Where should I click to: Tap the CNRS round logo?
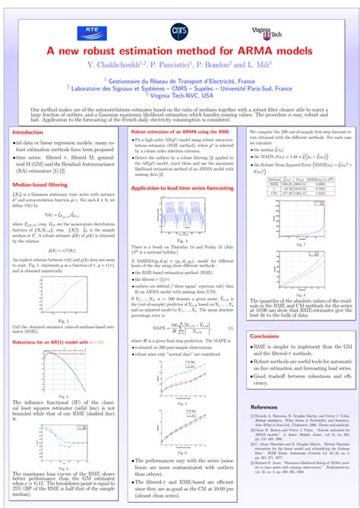click(180, 30)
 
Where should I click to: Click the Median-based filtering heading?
click(44, 184)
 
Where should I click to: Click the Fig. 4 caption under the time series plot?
click(179, 239)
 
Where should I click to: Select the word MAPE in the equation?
click(159, 306)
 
